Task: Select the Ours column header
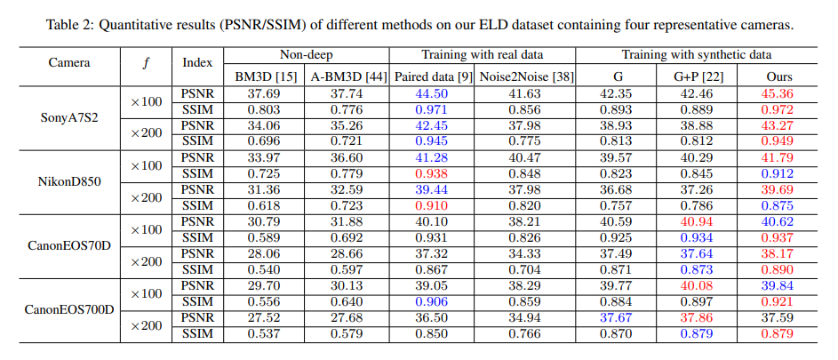778,77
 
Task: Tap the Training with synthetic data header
696,55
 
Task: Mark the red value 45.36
778,93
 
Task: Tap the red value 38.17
778,254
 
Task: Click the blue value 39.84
778,286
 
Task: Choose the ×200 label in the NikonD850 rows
146,197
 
